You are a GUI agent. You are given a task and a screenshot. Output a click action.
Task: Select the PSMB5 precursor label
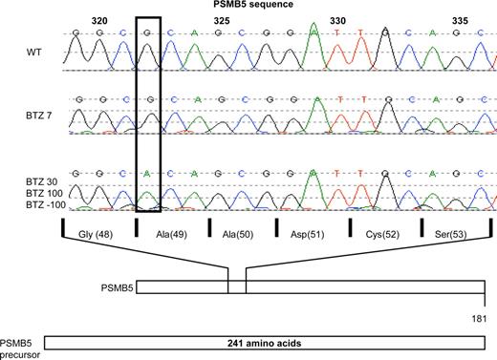[20, 346]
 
